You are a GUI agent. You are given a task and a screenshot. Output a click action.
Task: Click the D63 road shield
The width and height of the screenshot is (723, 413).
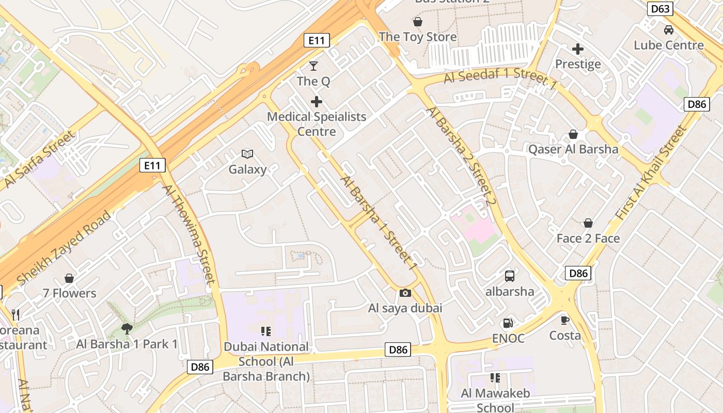click(661, 9)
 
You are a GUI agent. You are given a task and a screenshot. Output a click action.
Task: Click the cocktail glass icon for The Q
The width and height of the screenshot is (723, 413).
click(313, 66)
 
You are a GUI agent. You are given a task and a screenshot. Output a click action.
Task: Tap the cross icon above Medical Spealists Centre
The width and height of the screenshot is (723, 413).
click(317, 101)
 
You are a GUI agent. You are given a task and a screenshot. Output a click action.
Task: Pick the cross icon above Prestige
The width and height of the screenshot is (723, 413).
click(578, 49)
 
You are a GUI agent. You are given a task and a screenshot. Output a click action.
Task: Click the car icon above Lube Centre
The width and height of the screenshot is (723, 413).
click(669, 30)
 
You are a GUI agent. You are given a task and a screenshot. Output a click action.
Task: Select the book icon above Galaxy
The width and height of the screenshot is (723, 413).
click(247, 154)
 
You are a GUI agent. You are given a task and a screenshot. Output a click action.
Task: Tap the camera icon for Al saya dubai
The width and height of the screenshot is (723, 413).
click(405, 293)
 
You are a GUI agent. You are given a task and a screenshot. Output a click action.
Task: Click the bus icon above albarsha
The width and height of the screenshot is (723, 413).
click(510, 276)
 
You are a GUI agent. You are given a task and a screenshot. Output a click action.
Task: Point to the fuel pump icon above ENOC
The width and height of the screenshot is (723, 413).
click(508, 323)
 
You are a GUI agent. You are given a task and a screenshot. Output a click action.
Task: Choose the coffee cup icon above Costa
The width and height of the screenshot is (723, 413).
click(565, 320)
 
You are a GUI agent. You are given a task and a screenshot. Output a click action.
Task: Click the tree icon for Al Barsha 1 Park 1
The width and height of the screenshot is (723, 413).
click(127, 328)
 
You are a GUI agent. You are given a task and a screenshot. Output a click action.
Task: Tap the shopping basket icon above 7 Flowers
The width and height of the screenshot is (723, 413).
click(69, 278)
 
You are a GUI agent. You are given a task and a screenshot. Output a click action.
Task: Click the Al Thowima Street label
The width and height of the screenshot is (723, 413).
click(189, 234)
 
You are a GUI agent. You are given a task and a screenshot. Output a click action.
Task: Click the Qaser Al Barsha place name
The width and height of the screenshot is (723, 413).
click(573, 150)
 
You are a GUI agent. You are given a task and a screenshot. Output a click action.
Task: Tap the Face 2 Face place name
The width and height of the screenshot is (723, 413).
click(588, 239)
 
